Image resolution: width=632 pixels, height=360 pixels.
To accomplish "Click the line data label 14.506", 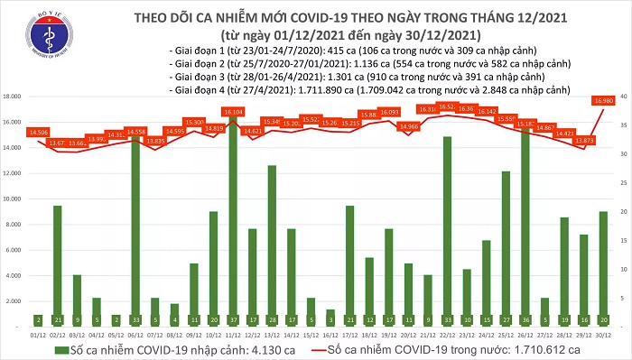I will click(x=39, y=133).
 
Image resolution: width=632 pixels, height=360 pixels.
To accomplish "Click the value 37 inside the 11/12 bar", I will click(x=232, y=319).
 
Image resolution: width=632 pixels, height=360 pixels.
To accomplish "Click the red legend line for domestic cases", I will click(x=327, y=349).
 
